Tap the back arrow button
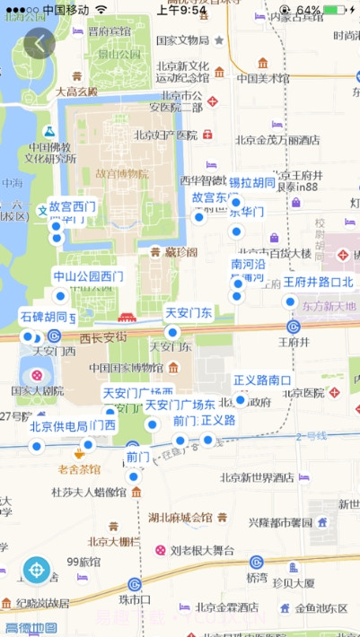[x=39, y=43]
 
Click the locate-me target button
[x=37, y=569]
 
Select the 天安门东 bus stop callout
[x=189, y=313]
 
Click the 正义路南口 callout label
[x=262, y=380]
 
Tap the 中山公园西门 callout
[x=88, y=276]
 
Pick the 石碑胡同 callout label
[x=44, y=317]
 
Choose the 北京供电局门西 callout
[x=73, y=426]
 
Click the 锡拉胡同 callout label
[x=251, y=183]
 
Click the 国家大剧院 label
[x=37, y=391]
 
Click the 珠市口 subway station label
[x=134, y=598]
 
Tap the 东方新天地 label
[x=329, y=307]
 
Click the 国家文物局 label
[x=182, y=40]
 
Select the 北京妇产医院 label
[x=165, y=135]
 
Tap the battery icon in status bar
[x=334, y=10]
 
